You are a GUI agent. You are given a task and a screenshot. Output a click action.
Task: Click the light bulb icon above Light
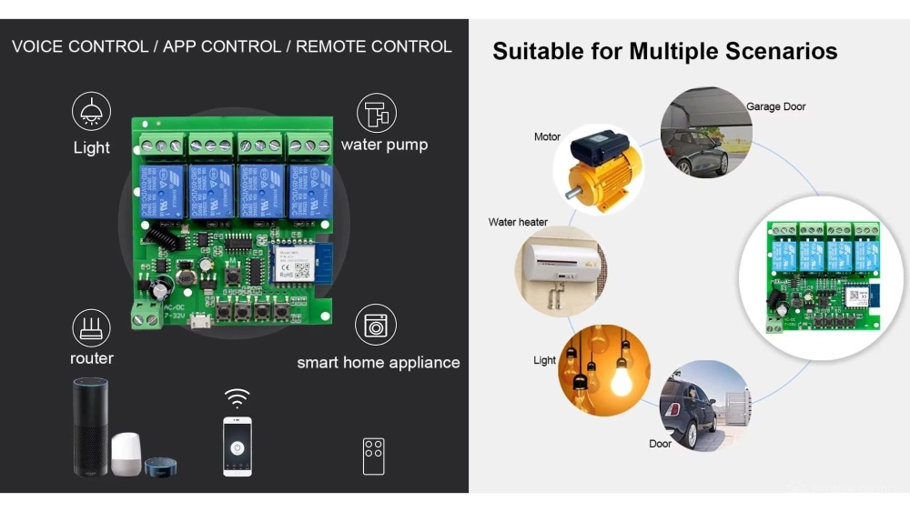tap(91, 113)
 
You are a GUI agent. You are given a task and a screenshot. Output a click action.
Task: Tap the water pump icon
tap(376, 113)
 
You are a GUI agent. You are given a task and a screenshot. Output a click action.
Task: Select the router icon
tap(91, 327)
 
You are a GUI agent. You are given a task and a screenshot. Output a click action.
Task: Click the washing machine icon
tap(374, 326)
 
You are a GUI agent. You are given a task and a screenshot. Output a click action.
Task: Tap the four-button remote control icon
tap(373, 455)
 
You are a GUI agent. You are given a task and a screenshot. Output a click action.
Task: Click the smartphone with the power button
tap(238, 446)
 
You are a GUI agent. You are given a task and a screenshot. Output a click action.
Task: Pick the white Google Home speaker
tap(127, 453)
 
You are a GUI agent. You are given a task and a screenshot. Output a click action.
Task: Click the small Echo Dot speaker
tap(160, 466)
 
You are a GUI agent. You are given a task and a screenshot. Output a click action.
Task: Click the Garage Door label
tap(776, 106)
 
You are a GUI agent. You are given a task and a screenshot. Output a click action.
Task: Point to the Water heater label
tap(518, 222)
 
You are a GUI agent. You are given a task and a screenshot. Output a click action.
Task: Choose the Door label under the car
tap(661, 444)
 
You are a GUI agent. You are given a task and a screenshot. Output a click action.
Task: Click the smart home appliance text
tap(378, 362)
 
